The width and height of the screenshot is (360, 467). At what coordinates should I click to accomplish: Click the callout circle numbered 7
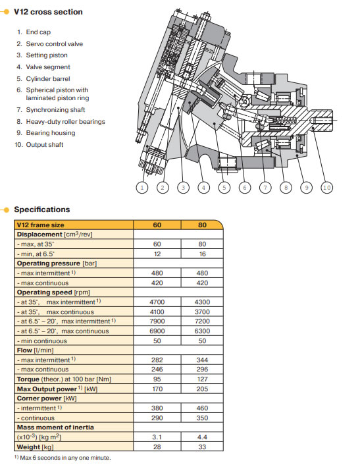pos(265,188)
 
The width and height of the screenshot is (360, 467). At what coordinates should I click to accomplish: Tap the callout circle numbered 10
pos(326,188)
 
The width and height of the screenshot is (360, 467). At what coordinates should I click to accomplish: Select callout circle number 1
pos(142,188)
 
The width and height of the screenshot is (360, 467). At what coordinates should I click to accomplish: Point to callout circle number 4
pos(203,188)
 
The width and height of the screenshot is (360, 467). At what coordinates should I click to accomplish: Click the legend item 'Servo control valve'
pos(55,43)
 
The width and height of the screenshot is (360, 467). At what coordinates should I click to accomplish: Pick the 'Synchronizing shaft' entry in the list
pos(55,110)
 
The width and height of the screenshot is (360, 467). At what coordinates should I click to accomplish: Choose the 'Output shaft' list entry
pos(45,145)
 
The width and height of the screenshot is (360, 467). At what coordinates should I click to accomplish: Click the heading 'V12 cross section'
pos(48,12)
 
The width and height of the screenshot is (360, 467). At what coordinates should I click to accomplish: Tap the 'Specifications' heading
pos(42,209)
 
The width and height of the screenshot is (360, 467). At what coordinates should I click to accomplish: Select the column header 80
pos(202,225)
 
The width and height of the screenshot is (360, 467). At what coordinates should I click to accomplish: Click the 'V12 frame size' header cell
pos(40,225)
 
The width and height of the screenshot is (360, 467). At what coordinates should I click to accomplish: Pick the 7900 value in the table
pos(157,321)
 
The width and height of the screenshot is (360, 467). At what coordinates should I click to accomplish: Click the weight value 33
pos(202,447)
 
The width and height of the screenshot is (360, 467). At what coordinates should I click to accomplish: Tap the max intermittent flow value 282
pos(157,360)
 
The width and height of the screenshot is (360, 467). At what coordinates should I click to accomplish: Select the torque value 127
pos(202,379)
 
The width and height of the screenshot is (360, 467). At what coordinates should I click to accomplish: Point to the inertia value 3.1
pos(157,437)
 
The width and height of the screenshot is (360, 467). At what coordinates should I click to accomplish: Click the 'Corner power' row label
pos(47,398)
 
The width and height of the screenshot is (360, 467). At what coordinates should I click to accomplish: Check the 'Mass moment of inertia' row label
pos(55,427)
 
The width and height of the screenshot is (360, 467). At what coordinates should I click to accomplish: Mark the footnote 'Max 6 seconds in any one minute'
pos(65,458)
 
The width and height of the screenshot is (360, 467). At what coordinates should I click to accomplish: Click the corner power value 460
pos(202,408)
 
